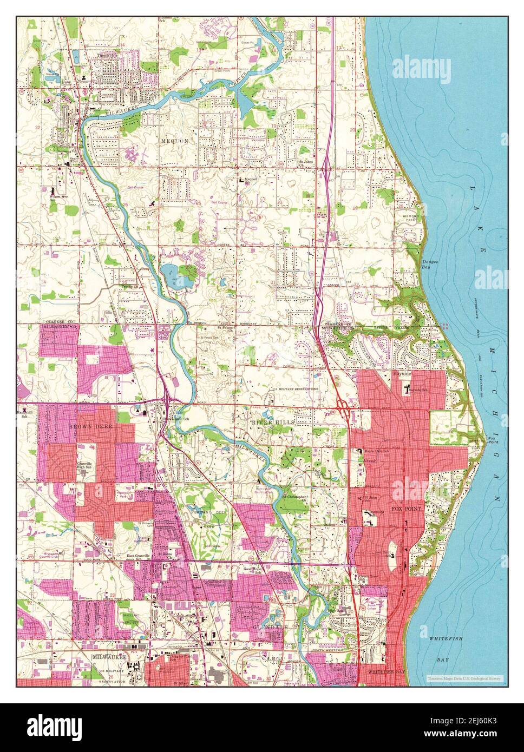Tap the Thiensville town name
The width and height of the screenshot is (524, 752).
pos(107,55)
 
